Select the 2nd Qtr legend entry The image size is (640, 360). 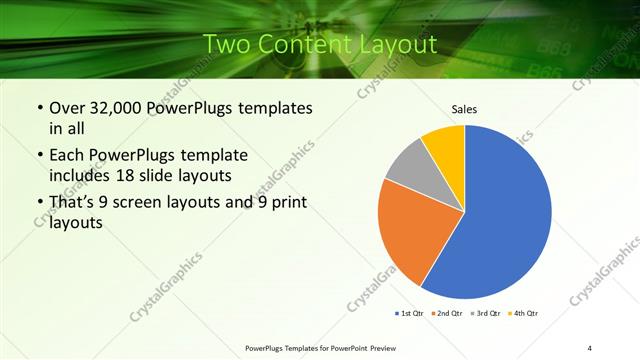[x=447, y=314]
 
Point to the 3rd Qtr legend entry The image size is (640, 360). [x=486, y=314]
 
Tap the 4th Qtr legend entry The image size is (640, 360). [x=524, y=314]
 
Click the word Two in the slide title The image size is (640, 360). [x=228, y=44]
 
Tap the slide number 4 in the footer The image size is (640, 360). [x=590, y=347]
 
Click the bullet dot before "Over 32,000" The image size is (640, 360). [x=38, y=108]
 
